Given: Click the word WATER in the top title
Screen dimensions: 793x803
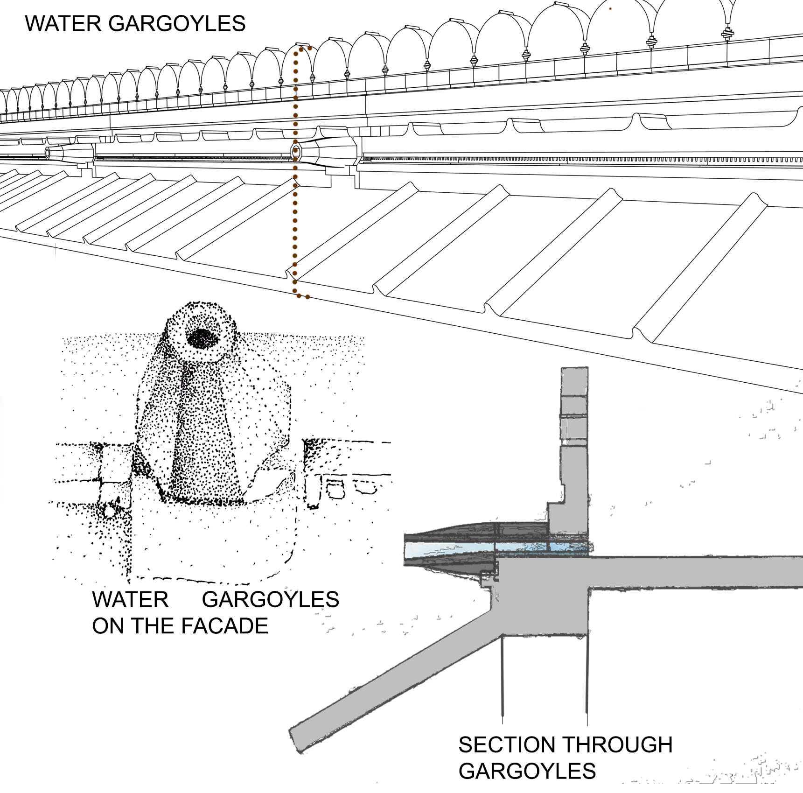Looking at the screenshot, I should click(x=63, y=23).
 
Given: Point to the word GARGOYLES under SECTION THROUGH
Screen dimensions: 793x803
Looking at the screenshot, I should click(x=527, y=771).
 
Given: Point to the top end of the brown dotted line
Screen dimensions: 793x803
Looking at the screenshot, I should click(x=309, y=48).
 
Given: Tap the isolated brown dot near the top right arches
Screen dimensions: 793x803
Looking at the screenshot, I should click(x=610, y=8).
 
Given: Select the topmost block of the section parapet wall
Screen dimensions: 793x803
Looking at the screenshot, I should click(x=574, y=381).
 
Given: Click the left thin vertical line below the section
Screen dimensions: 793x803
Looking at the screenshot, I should click(x=502, y=677).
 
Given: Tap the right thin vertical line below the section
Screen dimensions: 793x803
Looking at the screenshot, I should click(x=587, y=677).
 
